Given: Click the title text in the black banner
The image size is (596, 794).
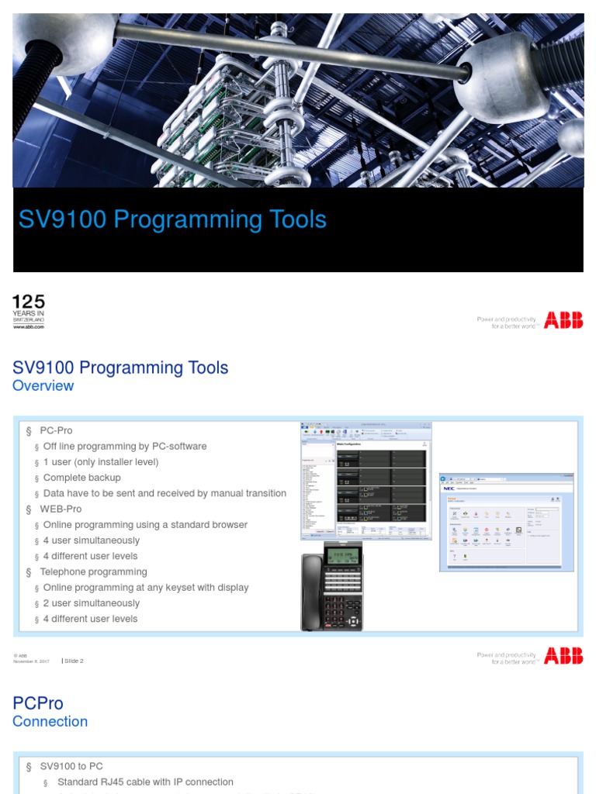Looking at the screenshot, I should pos(172,219).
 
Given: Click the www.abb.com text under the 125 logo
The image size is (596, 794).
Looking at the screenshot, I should pos(29,327).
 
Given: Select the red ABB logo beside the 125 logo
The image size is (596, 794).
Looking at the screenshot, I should pos(563,321).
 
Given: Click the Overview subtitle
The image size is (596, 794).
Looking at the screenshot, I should pos(43,386).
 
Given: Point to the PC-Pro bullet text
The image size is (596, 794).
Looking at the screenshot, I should pos(56,430).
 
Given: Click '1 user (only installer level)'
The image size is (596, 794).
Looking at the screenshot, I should pos(101,462).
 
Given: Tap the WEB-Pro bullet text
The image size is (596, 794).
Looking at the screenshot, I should pos(61,509).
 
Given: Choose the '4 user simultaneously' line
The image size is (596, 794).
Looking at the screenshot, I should pos(92,540).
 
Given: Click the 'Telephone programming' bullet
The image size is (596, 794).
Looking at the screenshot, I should pos(93,571).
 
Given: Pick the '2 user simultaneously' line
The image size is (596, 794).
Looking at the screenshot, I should pos(92,603).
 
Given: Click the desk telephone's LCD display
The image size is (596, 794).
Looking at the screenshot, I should pos(342,557).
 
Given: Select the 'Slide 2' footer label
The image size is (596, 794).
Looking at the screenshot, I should pos(74,661).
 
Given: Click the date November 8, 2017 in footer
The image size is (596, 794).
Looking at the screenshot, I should pos(31,661).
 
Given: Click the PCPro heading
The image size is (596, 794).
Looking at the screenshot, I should pos(38,703).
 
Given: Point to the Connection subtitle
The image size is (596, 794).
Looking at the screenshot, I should pos(50,722).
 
